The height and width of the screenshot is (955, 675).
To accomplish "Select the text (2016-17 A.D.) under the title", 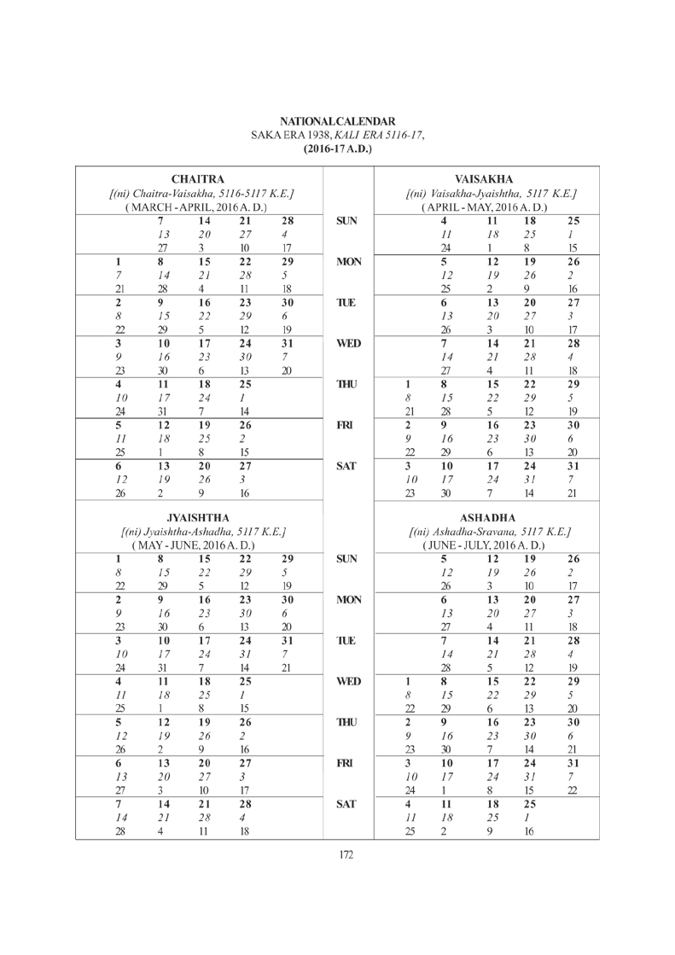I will coord(337,148).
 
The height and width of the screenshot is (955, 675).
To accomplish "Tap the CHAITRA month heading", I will coord(198,179).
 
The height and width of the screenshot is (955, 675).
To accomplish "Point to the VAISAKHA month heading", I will coord(484,179).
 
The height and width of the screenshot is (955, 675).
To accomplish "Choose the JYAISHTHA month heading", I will coord(198,517).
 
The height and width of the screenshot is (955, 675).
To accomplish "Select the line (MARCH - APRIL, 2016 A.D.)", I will coord(197,207).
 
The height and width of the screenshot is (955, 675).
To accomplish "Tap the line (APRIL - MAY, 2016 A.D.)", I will coord(484,207).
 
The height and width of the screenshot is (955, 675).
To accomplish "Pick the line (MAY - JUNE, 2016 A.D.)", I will coord(198,544).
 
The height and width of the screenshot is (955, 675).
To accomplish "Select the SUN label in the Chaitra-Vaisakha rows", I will coord(346,221).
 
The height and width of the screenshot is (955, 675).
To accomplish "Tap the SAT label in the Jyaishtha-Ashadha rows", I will coord(346,803).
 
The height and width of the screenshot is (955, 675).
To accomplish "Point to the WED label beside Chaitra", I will coord(346,344).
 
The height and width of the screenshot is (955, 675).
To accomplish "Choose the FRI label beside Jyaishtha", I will coord(346,762).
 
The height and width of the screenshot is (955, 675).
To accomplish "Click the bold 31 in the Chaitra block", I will coord(288,344).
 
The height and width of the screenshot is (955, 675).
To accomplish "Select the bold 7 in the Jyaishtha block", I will coord(120,803).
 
